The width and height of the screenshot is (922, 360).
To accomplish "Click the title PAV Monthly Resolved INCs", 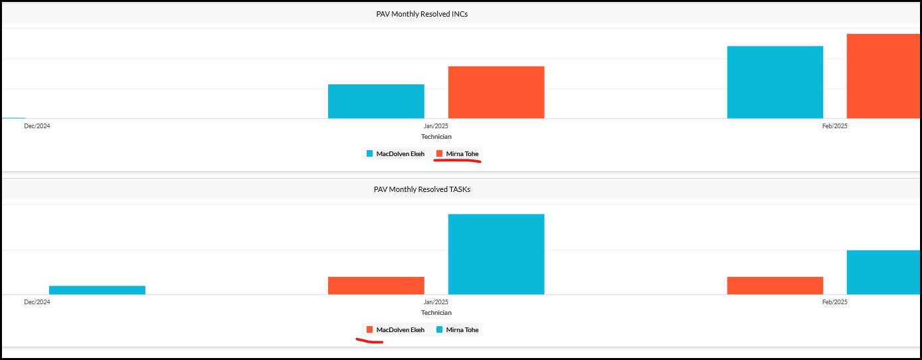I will coord(422,14).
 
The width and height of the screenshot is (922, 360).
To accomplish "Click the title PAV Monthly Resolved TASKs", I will coord(422,189).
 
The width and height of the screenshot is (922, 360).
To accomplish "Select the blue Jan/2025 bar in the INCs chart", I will coord(376,102).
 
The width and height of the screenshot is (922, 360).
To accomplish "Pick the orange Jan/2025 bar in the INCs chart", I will coord(496,92).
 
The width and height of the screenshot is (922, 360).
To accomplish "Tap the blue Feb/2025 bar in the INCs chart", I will coord(775,82).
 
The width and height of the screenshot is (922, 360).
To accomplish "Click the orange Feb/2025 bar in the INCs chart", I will coord(883,76).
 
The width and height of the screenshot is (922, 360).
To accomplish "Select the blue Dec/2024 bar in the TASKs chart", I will coord(97,290).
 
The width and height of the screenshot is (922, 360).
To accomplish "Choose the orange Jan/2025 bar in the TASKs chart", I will coord(376,286).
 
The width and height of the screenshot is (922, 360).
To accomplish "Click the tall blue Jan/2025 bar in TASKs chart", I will coord(496,254).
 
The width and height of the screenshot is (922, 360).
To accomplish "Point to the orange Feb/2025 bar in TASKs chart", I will coord(775,286).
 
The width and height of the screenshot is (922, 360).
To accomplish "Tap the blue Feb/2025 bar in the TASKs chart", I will coord(883,272).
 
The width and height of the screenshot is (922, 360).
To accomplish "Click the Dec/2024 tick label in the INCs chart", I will coord(37,126).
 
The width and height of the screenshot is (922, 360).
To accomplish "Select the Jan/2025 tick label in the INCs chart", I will coord(436,126).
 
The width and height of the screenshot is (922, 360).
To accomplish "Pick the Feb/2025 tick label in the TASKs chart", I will coord(835,302).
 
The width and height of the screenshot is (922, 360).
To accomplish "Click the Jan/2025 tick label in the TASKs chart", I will coord(436,302).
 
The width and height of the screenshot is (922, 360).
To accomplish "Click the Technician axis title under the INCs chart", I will coord(436,137).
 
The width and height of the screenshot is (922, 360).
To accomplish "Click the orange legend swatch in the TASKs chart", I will coord(369,329).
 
